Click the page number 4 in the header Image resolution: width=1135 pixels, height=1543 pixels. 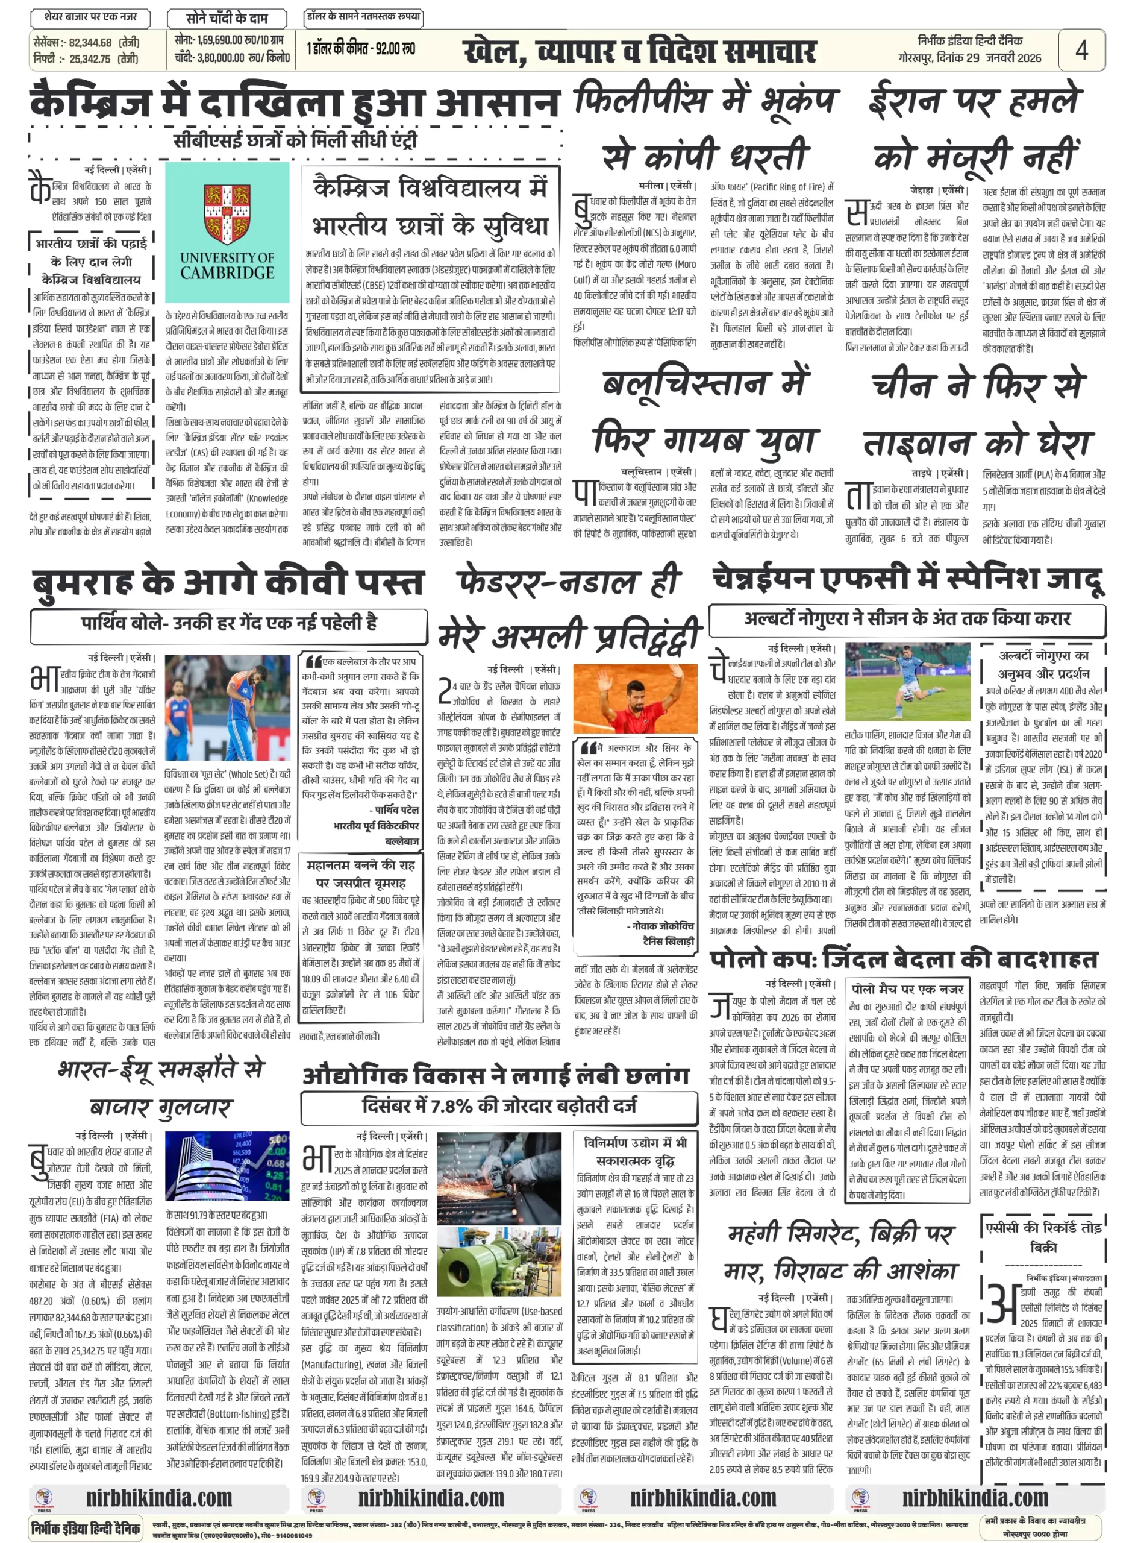[1081, 50]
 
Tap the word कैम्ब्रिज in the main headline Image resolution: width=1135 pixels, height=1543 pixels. [91, 103]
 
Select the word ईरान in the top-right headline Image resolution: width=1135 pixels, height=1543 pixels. [905, 98]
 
